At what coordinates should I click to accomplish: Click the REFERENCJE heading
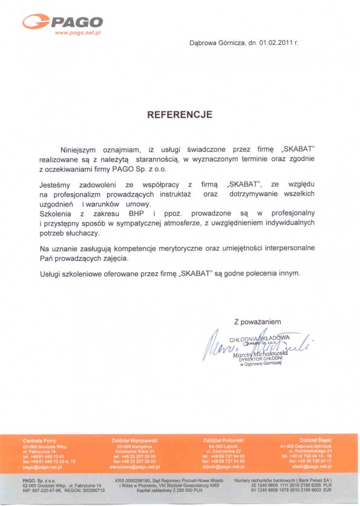180,114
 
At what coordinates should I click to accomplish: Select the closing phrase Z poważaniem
258,321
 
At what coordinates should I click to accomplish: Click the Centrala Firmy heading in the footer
39,439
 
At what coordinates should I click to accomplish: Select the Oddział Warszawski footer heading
134,439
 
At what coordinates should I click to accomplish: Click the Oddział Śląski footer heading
315,439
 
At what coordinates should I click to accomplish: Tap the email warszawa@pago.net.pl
134,467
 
